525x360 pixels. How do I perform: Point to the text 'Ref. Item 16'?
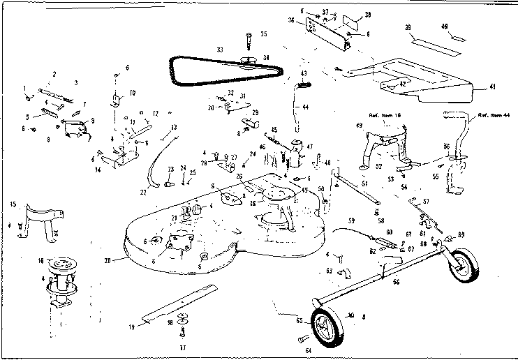(382, 115)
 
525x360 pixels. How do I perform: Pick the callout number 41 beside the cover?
(491, 87)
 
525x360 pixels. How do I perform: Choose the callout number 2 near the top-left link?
(54, 73)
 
